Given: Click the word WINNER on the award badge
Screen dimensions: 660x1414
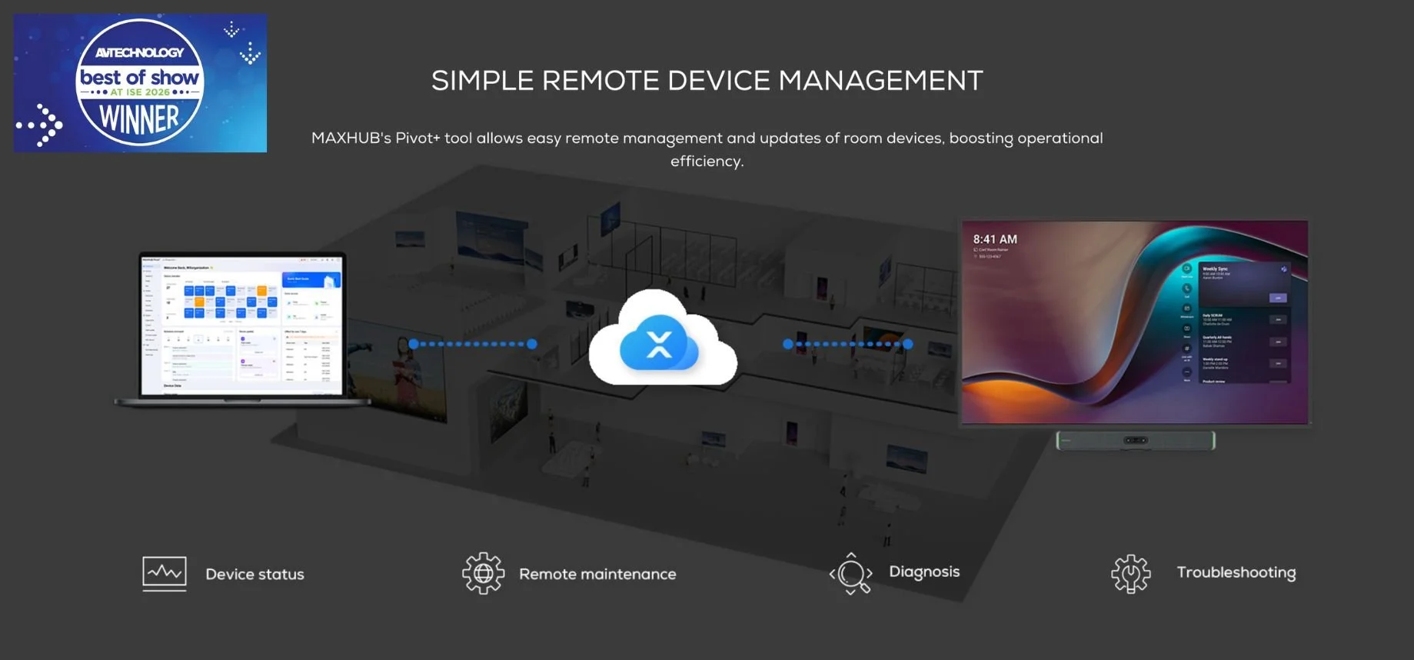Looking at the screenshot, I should (139, 120).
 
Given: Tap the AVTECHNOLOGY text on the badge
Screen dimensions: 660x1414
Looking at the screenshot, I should (139, 52).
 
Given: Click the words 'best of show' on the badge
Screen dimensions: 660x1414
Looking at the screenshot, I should (139, 77).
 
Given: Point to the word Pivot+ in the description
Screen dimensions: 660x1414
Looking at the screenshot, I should (418, 138).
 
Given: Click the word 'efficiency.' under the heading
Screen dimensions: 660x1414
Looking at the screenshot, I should (707, 162).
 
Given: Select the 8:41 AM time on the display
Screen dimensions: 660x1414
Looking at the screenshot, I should (995, 239).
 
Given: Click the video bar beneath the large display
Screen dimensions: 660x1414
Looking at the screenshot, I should (1136, 441).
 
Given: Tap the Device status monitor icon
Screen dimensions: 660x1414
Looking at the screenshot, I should (165, 574).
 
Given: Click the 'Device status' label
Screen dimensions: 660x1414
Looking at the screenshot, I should (255, 575).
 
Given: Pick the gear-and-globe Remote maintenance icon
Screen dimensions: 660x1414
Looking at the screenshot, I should (483, 573).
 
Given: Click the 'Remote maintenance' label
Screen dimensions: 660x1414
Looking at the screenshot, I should (597, 575).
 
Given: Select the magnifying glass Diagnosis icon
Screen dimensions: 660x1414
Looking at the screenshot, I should (851, 574).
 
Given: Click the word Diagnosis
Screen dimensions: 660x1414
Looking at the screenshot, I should (924, 572).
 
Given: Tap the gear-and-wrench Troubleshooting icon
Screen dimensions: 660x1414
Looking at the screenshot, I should (1130, 574).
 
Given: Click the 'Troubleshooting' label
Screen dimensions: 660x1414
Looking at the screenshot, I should (1236, 572).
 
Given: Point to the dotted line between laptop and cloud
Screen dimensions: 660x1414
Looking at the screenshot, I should (473, 344).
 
